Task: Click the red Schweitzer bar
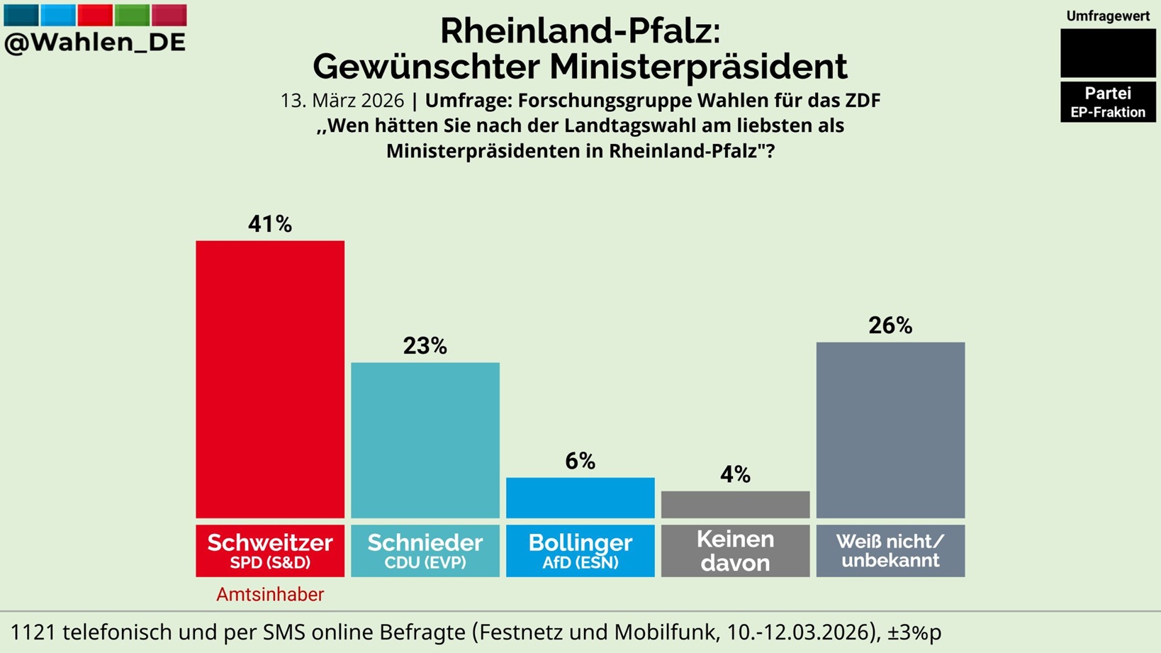tap(270, 379)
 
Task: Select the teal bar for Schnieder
tap(425, 440)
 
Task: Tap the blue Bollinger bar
tap(580, 498)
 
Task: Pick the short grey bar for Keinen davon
tap(735, 505)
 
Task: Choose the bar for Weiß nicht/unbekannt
tap(890, 430)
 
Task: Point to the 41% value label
tap(270, 224)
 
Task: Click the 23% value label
tap(425, 346)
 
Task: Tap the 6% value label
tap(580, 462)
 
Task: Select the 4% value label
tap(735, 474)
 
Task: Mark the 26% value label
tap(890, 325)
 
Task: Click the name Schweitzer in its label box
tap(270, 542)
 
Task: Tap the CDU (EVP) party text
tap(425, 563)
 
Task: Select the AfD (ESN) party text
tap(580, 563)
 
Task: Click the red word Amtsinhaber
tap(270, 595)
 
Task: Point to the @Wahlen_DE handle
tap(95, 43)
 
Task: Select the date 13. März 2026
tap(342, 101)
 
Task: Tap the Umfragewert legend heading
tap(1108, 16)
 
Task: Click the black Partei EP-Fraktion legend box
tap(1108, 102)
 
